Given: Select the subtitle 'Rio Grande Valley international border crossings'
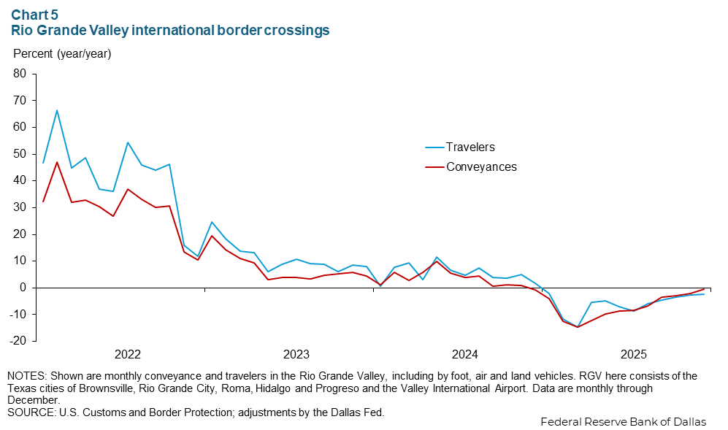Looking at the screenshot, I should click(170, 30).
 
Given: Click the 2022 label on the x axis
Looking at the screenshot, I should click(127, 355).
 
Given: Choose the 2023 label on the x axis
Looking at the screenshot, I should click(296, 355).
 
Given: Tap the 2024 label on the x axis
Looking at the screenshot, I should click(464, 355).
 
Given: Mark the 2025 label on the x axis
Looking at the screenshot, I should click(633, 355).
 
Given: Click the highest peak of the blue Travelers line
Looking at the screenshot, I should click(57, 110).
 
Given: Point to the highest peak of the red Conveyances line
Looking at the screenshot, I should click(57, 162).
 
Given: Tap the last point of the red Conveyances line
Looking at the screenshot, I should click(704, 289).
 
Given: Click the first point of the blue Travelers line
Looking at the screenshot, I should click(43, 163).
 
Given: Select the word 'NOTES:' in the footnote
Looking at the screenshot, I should click(27, 376).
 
